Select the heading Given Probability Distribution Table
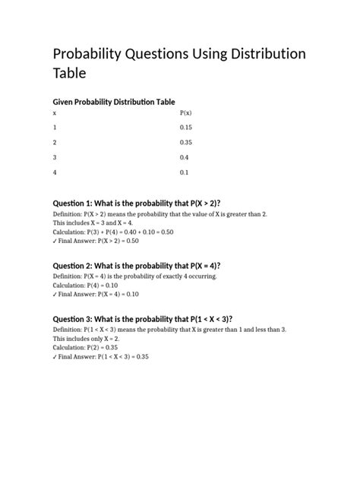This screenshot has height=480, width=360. pyautogui.click(x=113, y=102)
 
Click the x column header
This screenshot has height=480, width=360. pyautogui.click(x=53, y=112)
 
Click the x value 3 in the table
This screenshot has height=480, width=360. pyautogui.click(x=54, y=157)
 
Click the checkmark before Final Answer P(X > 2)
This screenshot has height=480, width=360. pyautogui.click(x=54, y=240)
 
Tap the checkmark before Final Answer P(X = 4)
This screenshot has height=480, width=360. pyautogui.click(x=54, y=294)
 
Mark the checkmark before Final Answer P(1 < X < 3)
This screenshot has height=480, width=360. pyautogui.click(x=54, y=356)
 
